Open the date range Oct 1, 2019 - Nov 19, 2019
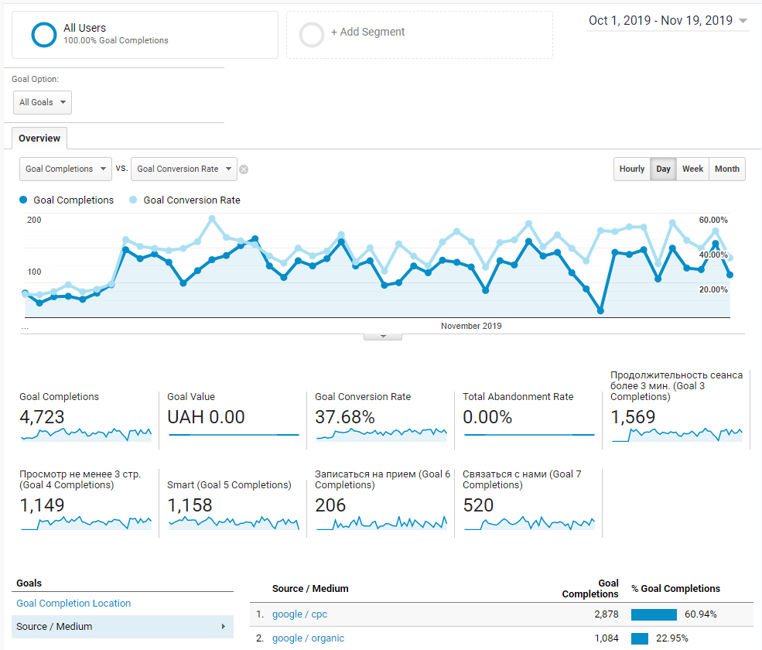(668, 20)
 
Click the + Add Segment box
(419, 35)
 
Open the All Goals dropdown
(43, 103)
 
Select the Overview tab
(39, 138)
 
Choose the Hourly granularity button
(632, 169)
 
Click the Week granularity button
(692, 169)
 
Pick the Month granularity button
(727, 169)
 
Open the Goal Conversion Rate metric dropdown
(183, 169)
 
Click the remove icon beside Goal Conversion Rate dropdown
(244, 169)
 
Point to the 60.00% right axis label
(713, 220)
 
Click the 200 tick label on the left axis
(34, 220)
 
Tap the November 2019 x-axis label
(471, 326)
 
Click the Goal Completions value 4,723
(42, 416)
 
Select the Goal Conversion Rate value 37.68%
(344, 416)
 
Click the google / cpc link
(299, 614)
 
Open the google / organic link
(308, 638)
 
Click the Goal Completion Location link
(73, 603)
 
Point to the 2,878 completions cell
(606, 614)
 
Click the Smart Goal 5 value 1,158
(190, 505)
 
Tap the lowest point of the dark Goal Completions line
(600, 310)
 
